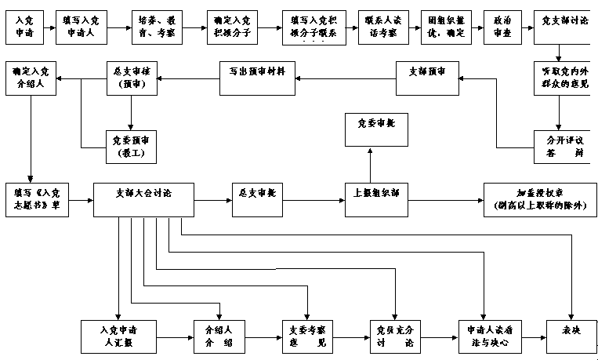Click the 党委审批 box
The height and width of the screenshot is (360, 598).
click(x=377, y=129)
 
